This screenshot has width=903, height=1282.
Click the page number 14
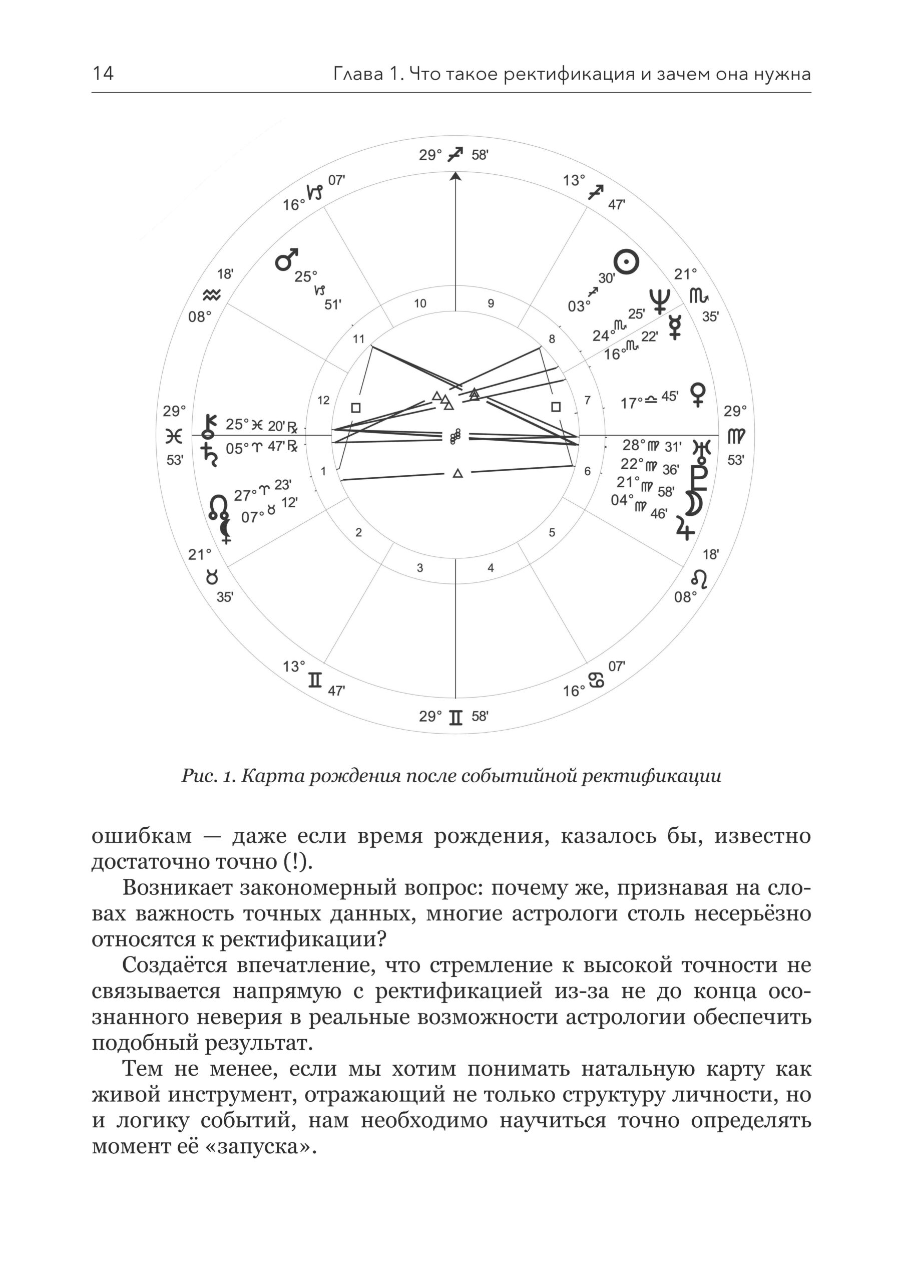click(x=103, y=73)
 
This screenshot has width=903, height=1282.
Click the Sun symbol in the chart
click(x=626, y=261)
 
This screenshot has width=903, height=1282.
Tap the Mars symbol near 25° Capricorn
click(x=287, y=259)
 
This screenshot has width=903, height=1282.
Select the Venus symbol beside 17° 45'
click(x=698, y=394)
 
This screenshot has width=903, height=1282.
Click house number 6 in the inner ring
click(x=587, y=471)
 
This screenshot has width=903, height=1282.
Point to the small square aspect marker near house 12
click(x=355, y=408)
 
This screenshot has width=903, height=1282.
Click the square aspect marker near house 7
click(x=555, y=407)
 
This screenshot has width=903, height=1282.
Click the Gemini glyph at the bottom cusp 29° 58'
click(x=456, y=717)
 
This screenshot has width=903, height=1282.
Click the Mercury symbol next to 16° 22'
click(x=675, y=327)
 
